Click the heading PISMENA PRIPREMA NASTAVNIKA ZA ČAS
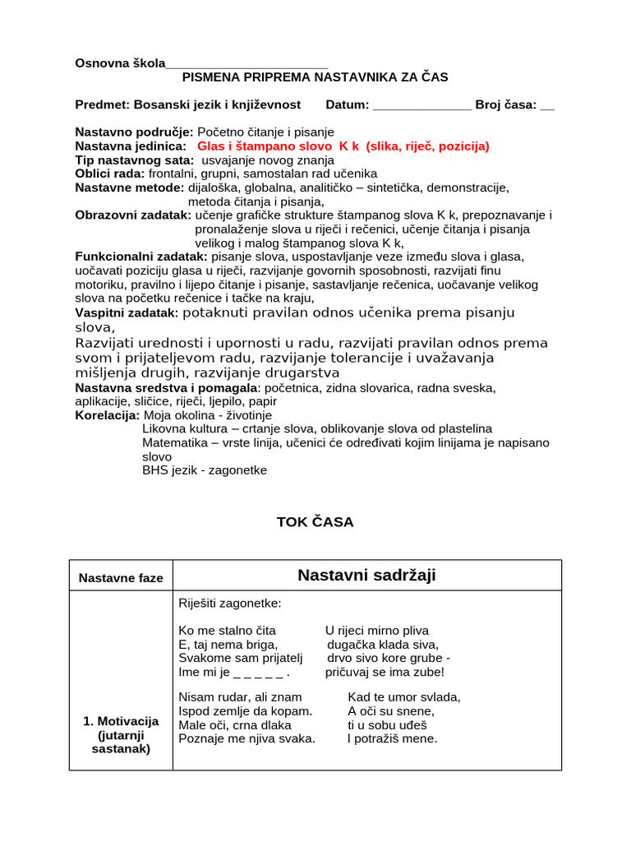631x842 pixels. pos(315,77)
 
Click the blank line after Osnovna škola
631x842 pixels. pos(246,64)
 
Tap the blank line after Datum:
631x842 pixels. pos(422,104)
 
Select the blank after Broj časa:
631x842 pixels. pos(547,104)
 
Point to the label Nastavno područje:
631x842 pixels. pos(134,132)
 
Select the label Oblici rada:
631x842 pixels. pos(110,173)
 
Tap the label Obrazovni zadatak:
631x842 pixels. pos(134,215)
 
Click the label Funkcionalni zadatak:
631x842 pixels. pos(140,257)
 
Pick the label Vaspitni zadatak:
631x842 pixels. pos(127,312)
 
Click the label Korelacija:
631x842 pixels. pos(107,415)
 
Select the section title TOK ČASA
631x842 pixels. pos(315,522)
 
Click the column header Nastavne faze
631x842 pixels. pos(121,578)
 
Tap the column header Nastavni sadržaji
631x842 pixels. pos(366,576)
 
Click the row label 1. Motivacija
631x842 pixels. pos(121,721)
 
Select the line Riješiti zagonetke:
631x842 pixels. pos(229,604)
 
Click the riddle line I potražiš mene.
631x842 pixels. pos(392,738)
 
